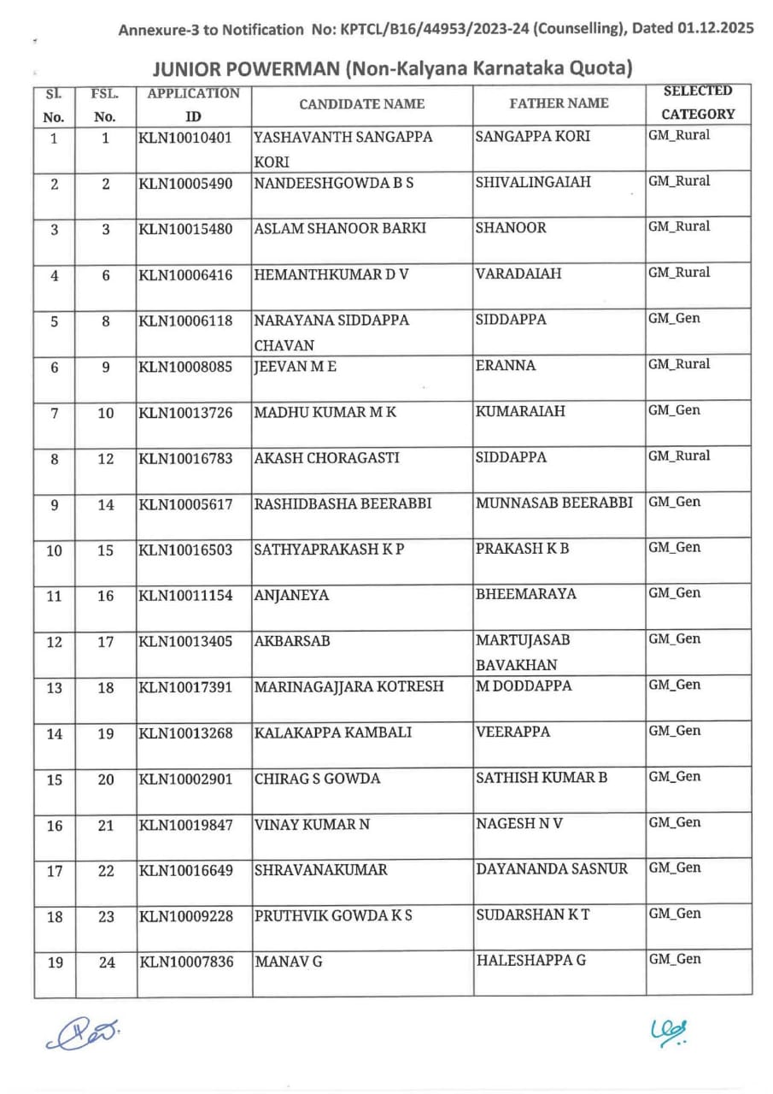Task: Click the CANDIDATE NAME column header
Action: pyautogui.click(x=361, y=104)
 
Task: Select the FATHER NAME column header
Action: pyautogui.click(x=559, y=103)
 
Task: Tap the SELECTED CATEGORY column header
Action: pyautogui.click(x=698, y=103)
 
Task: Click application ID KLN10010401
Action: pyautogui.click(x=185, y=137)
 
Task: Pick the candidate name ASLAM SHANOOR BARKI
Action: pyautogui.click(x=340, y=228)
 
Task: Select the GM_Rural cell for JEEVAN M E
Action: pyautogui.click(x=679, y=364)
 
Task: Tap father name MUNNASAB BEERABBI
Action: pyautogui.click(x=554, y=503)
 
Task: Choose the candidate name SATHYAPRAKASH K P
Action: pyautogui.click(x=329, y=549)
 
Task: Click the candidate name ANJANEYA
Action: pyautogui.click(x=291, y=595)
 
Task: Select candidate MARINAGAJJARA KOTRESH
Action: pyautogui.click(x=348, y=686)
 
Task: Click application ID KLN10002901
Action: pyautogui.click(x=185, y=779)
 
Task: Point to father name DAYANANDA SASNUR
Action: pyautogui.click(x=552, y=869)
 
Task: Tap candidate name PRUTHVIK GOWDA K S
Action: pyautogui.click(x=334, y=915)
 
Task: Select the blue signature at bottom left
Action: pyautogui.click(x=83, y=1034)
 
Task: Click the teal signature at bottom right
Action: pyautogui.click(x=669, y=1032)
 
